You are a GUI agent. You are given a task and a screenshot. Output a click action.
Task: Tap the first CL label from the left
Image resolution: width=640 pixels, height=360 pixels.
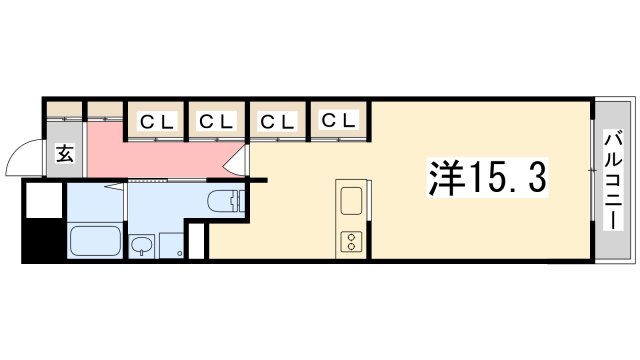click(157, 122)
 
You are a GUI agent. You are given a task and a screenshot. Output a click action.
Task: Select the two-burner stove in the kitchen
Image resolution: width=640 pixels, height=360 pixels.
click(352, 240)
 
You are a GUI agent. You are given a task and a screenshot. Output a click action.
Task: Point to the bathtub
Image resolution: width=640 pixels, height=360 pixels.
click(96, 241)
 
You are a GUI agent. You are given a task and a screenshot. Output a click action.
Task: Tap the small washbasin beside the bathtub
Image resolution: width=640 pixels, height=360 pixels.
click(143, 245)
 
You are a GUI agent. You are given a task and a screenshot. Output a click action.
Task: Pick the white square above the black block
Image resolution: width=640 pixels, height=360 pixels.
click(44, 200)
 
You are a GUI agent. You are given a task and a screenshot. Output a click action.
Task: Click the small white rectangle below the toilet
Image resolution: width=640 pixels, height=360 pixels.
click(197, 242)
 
